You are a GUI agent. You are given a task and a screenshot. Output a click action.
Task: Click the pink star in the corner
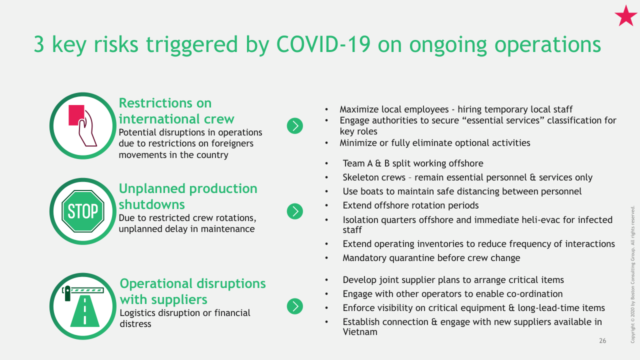(x=625, y=16)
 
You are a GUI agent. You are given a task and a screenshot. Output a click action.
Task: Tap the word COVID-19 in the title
(x=323, y=44)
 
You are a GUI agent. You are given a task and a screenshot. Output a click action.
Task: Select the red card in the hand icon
(x=76, y=115)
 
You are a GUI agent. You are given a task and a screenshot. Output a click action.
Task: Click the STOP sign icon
(x=83, y=211)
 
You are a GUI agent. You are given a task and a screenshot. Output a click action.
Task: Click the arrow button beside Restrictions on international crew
(x=295, y=126)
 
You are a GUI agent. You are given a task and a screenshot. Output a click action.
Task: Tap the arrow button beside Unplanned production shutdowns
(x=295, y=211)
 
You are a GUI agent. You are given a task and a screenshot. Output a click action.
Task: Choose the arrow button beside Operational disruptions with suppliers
(x=295, y=306)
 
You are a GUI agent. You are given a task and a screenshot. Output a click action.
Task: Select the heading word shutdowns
(x=151, y=204)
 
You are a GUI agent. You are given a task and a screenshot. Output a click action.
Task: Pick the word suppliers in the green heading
(x=179, y=300)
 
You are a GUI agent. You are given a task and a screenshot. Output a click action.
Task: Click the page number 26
(x=602, y=340)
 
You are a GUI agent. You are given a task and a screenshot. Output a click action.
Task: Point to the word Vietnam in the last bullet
(x=360, y=332)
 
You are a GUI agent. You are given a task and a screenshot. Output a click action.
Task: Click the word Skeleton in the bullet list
(x=360, y=177)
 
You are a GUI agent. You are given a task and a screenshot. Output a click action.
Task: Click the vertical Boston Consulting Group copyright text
(x=632, y=274)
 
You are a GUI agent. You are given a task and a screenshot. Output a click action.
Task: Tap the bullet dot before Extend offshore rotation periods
(x=326, y=205)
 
